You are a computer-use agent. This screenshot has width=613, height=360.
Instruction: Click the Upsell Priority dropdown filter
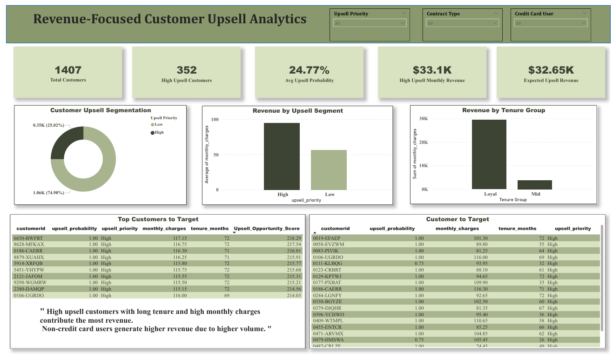coord(370,23)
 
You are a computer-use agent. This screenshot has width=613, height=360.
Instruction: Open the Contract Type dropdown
coord(463,23)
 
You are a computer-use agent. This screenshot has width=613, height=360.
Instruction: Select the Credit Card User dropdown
coord(551,23)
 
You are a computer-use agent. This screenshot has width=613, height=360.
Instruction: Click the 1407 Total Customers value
coord(68,70)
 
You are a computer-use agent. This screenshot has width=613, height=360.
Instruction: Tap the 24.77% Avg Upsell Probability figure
coord(309,70)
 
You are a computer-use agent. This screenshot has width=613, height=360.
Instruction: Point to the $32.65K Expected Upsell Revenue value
coord(551,70)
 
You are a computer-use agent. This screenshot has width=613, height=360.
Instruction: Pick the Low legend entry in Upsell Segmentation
coord(158,124)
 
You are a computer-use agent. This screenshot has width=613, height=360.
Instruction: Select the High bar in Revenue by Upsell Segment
coord(282,156)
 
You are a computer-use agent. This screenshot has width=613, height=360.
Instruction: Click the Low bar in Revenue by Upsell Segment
coord(329,170)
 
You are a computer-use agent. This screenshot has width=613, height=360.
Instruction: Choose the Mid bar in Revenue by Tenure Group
coord(534,185)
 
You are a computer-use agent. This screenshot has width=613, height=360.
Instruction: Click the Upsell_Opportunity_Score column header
coord(267,229)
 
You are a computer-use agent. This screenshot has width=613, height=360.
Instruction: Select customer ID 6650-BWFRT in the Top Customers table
coord(29,238)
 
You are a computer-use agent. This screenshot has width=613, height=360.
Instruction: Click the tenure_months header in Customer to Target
coord(517,229)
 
